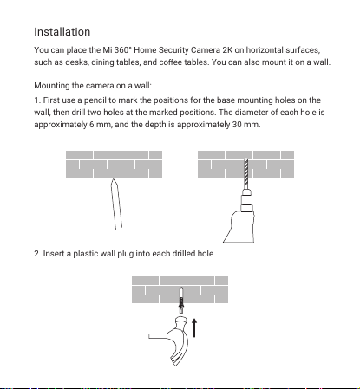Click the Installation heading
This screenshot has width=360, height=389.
(62, 32)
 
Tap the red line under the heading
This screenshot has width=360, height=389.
(180, 42)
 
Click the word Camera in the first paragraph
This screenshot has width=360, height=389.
(206, 50)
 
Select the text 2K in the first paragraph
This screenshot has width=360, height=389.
(227, 50)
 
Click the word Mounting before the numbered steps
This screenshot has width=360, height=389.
(52, 86)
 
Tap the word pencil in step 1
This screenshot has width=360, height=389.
(95, 100)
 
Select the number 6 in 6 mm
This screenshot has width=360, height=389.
(92, 125)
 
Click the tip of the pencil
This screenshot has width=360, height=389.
(114, 179)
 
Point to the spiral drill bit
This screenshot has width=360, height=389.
(246, 173)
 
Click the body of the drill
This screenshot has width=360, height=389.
(239, 227)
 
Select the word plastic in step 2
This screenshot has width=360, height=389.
(85, 254)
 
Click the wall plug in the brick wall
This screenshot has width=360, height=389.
(181, 301)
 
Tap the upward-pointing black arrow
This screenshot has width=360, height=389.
(194, 327)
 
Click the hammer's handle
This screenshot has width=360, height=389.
(158, 336)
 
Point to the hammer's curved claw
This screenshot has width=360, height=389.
(180, 350)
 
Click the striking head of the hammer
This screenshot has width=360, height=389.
(181, 321)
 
